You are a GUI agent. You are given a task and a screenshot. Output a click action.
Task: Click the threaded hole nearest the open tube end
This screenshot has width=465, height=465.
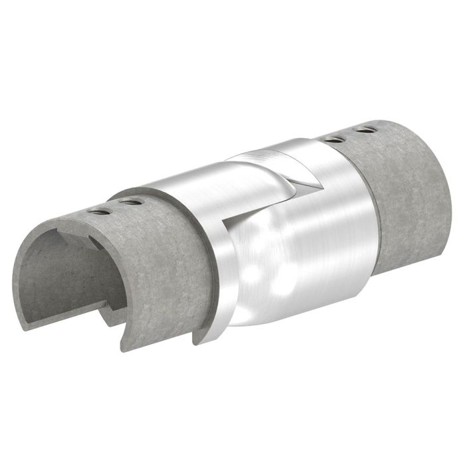coord(101,212)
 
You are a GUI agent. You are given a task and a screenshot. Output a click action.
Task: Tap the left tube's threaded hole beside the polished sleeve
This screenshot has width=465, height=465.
coord(132,202)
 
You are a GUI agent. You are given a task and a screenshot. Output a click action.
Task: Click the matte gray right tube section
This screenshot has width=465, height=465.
coord(405,193)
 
